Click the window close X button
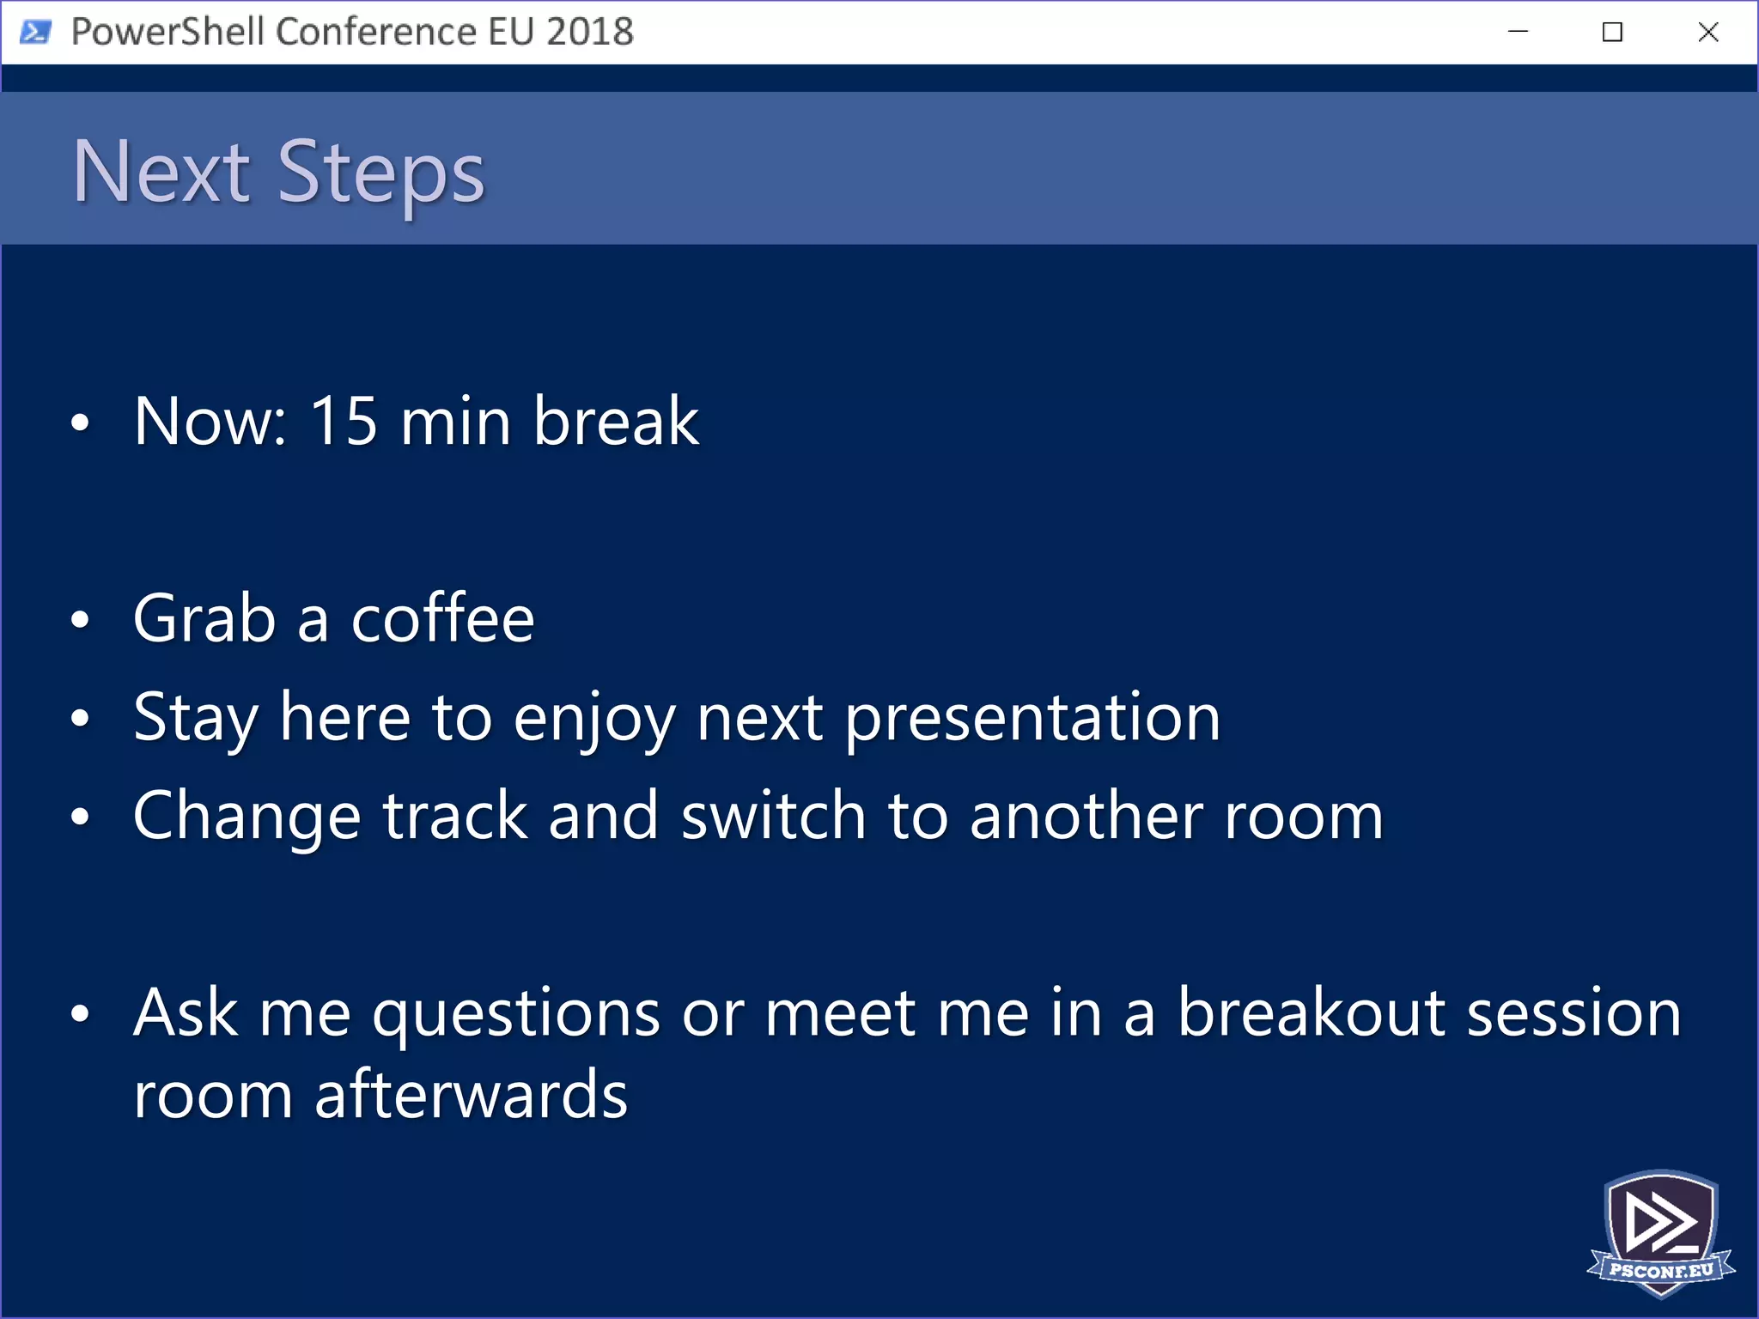click(x=1707, y=33)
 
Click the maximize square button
click(x=1612, y=33)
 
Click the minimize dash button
click(x=1518, y=33)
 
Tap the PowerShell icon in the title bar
click(x=35, y=33)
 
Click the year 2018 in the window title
click(x=589, y=32)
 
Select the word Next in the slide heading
click(x=161, y=172)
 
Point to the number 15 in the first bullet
click(x=343, y=421)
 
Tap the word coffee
click(x=442, y=618)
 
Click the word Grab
click(x=204, y=618)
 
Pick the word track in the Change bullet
click(x=454, y=816)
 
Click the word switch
click(x=773, y=816)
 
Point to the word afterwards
click(x=471, y=1096)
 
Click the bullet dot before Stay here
click(x=80, y=718)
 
